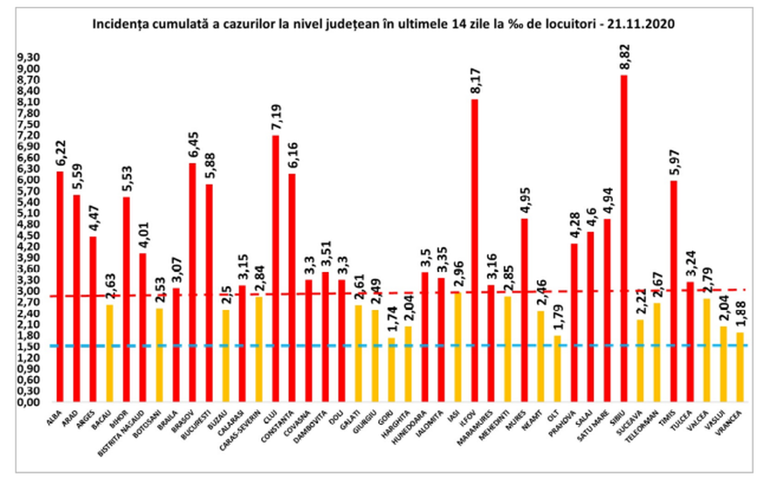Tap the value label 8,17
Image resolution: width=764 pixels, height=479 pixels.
474,85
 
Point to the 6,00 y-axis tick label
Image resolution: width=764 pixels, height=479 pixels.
29,180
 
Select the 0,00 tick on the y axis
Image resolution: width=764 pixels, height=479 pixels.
29,402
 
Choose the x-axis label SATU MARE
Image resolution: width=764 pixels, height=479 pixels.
602,428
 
